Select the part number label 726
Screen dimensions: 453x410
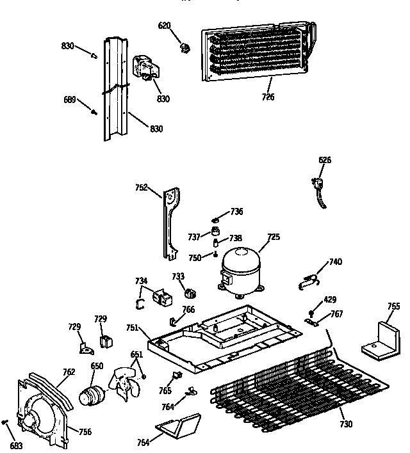(x=268, y=97)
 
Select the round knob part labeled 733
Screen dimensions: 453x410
(x=189, y=294)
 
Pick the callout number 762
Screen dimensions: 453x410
(x=69, y=372)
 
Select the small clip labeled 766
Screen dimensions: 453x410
(x=174, y=321)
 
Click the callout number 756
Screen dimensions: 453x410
(x=85, y=432)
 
